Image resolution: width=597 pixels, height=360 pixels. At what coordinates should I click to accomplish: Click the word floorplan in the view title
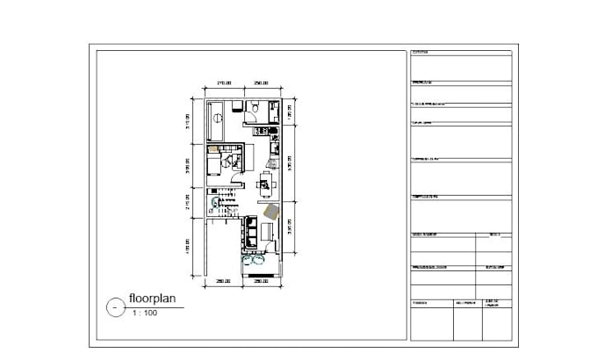point(153,299)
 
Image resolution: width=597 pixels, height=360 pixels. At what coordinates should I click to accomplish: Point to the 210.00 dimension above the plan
point(223,83)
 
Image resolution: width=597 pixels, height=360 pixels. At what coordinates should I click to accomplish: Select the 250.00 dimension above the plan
point(261,83)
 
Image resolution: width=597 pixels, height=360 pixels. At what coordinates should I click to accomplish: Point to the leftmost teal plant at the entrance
point(246,259)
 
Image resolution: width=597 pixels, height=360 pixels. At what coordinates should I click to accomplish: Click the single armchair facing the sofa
point(270,233)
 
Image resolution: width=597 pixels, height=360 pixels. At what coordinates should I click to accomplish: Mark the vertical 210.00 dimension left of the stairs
point(187,203)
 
